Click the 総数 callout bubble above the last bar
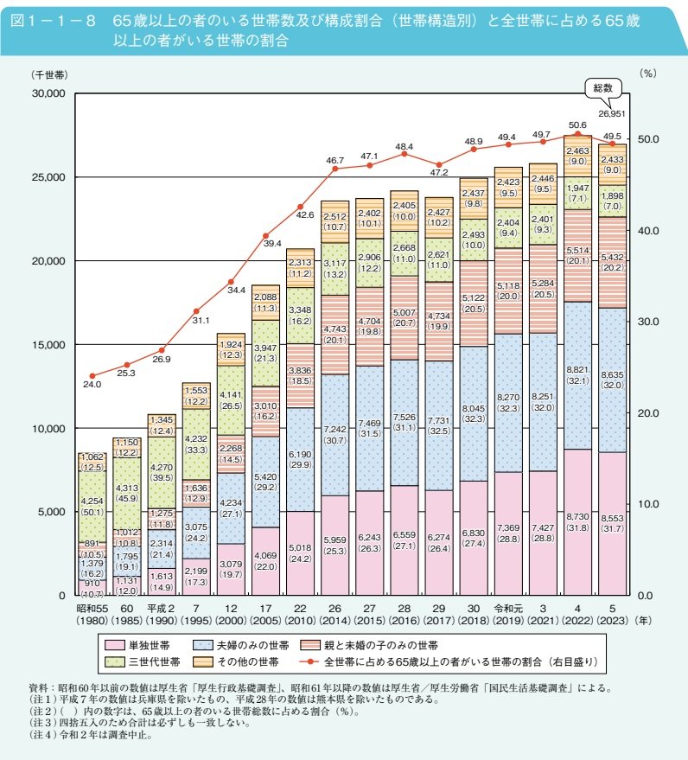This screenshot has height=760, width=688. tap(603, 88)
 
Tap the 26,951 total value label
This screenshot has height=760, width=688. tap(612, 113)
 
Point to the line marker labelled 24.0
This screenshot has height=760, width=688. tap(92, 376)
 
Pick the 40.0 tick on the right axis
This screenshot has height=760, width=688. tap(648, 231)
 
